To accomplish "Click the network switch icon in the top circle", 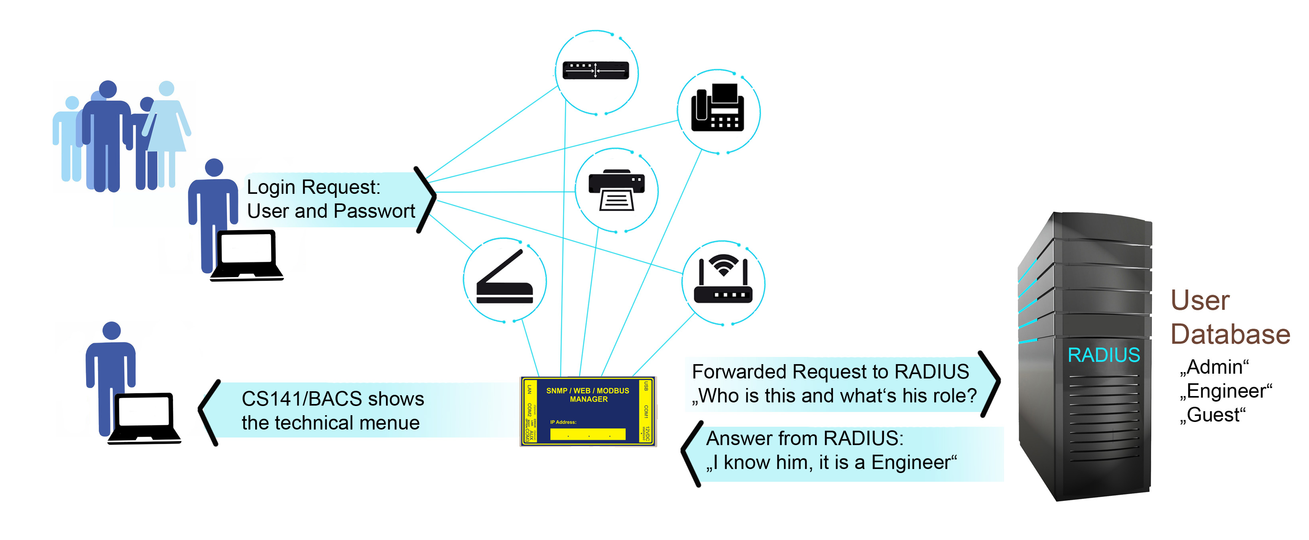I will point(596,70).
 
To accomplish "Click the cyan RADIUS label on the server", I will point(1103,355).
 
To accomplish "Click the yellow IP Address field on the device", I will point(587,434).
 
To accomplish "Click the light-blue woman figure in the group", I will point(167,127).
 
